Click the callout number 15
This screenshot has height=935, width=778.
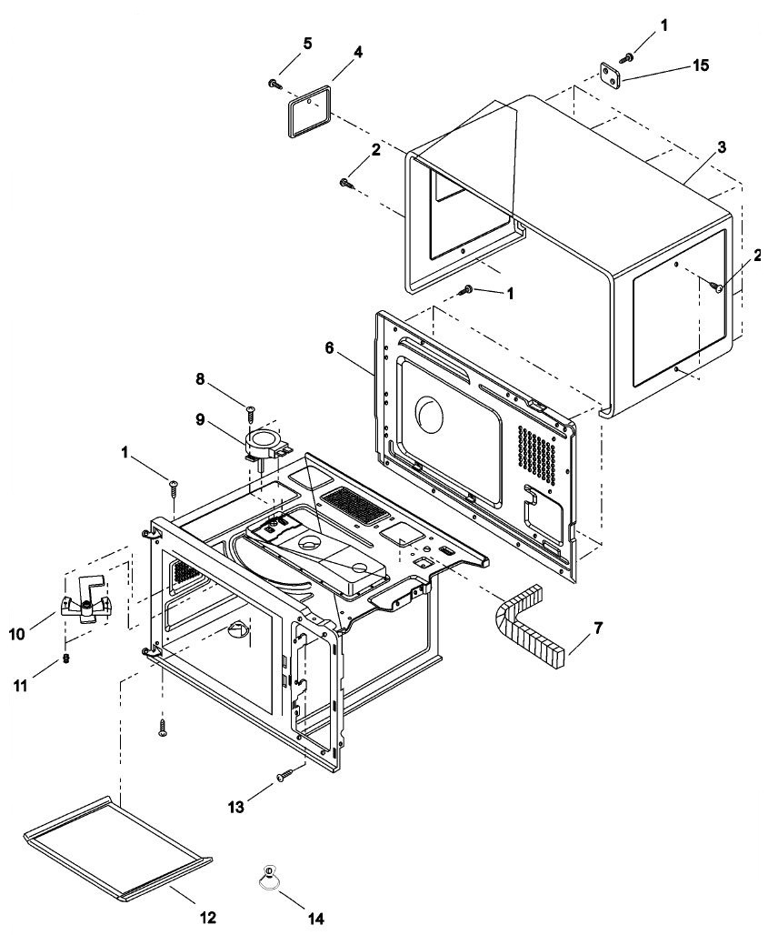pos(675,65)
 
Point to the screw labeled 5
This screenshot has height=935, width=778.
pos(274,84)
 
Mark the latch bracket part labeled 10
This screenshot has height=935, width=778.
pos(84,605)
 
